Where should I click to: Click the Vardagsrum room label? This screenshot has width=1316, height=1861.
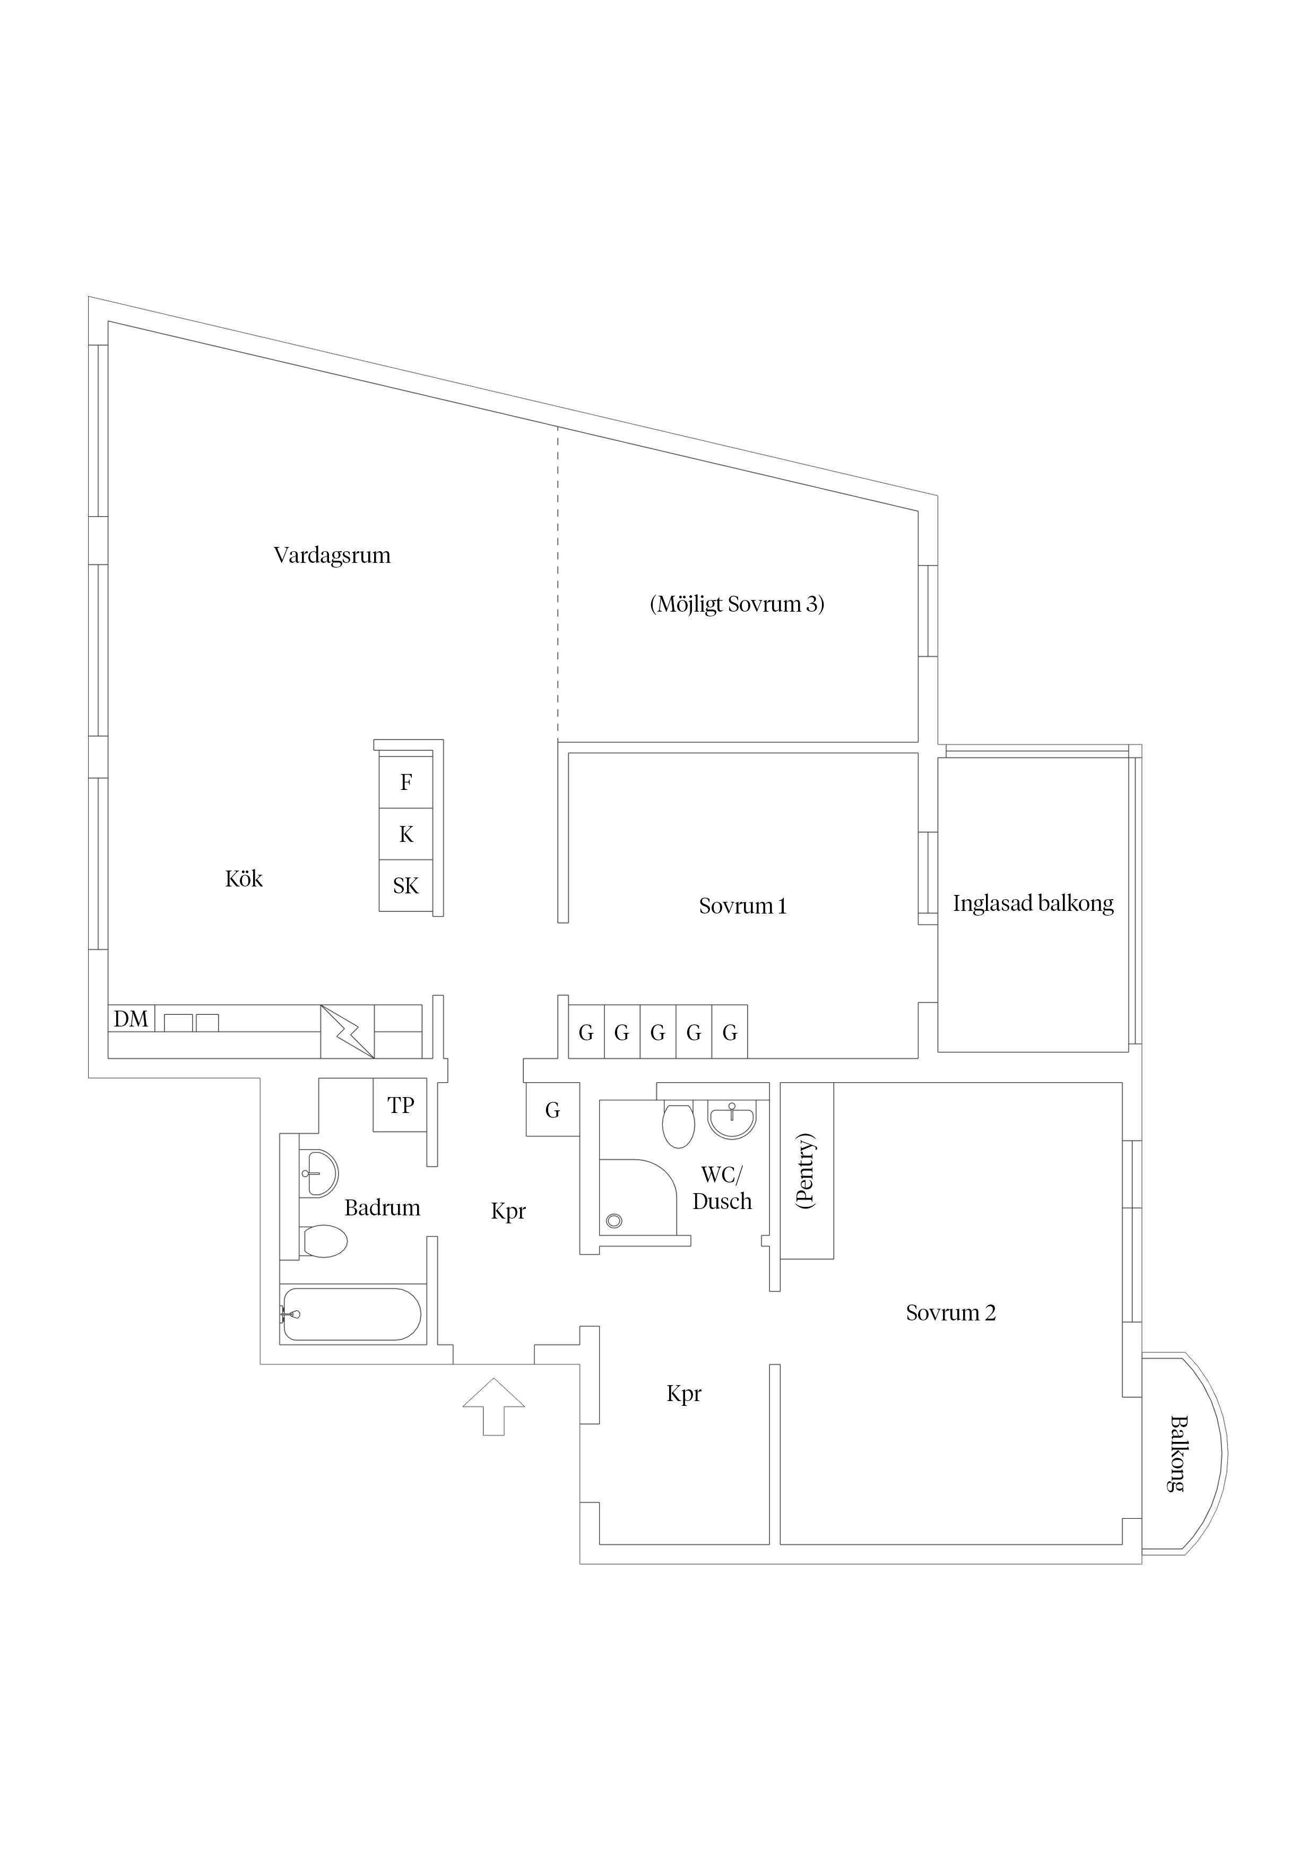[x=332, y=555]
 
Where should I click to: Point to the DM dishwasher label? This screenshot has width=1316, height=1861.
[x=131, y=1019]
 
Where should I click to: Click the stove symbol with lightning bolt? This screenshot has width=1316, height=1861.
[x=347, y=1032]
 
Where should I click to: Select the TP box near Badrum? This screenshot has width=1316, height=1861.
[x=401, y=1106]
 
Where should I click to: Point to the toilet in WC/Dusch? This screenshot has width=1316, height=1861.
[x=679, y=1125]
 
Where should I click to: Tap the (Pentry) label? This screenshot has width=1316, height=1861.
[x=806, y=1171]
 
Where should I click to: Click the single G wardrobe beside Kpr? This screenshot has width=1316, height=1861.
[x=552, y=1110]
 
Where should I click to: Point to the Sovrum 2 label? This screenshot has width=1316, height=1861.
[x=950, y=1313]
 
